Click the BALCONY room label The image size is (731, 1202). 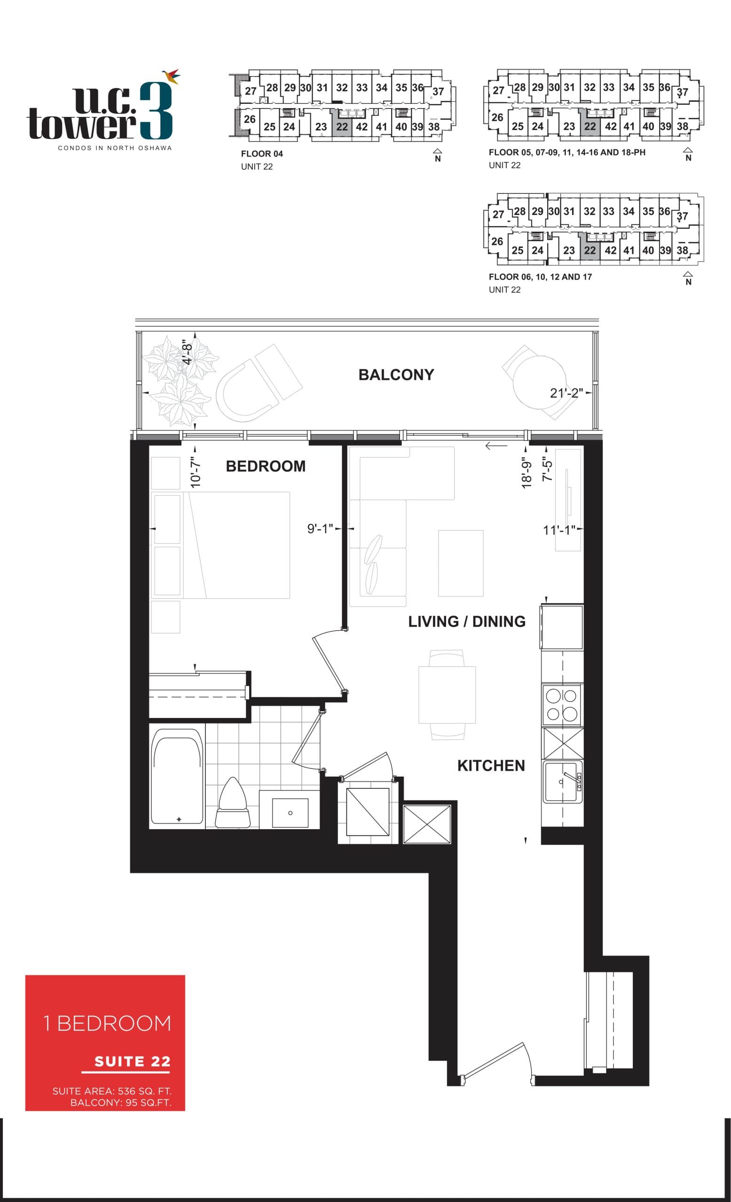395,375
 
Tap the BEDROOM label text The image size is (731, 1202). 265,466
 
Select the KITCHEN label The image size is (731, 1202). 491,765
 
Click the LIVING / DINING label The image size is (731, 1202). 466,622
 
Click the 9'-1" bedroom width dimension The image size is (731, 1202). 320,529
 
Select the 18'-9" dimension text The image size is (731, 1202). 526,473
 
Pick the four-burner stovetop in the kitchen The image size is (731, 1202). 562,704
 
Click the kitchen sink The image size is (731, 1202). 562,782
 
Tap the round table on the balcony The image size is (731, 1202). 539,383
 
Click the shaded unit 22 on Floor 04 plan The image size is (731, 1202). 342,127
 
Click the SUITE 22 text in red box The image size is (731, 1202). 132,1061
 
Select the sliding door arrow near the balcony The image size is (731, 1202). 495,446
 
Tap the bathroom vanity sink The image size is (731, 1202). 290,813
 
